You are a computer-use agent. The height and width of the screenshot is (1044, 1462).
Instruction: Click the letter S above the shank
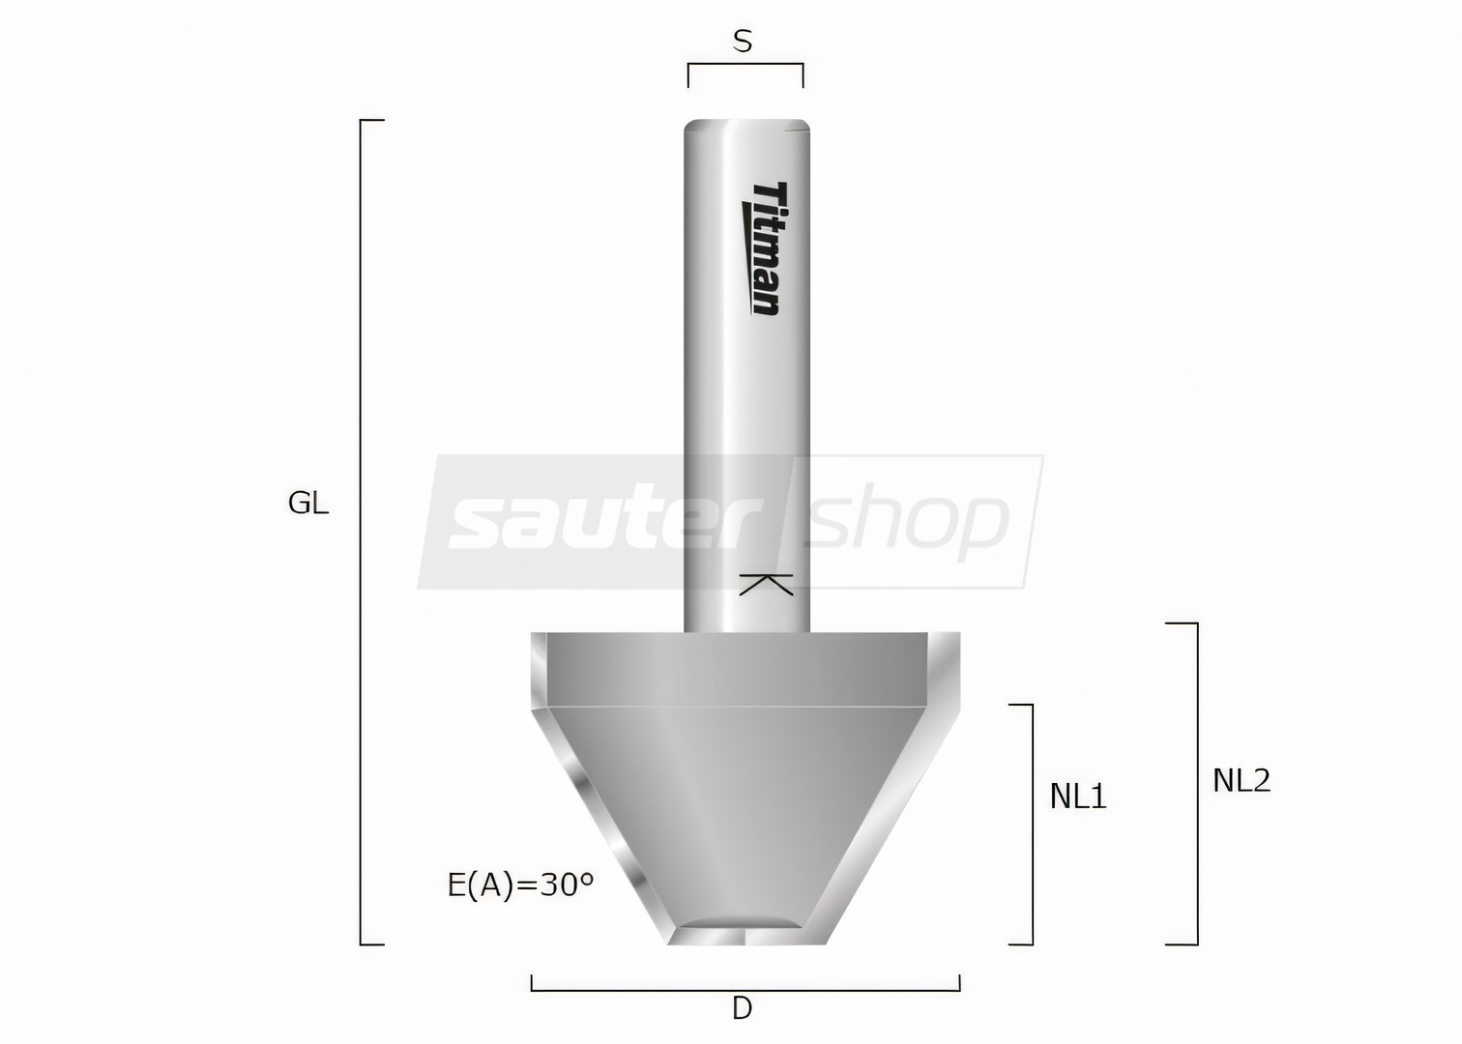point(743,42)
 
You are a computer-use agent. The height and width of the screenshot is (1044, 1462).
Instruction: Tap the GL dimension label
point(308,504)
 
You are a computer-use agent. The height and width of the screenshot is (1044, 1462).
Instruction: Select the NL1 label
point(1078,797)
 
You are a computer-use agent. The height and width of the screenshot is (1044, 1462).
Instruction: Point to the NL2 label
point(1242,780)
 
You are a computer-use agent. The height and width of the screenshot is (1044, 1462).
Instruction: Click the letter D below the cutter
point(742,1009)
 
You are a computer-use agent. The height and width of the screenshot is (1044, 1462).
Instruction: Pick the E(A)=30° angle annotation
point(521,886)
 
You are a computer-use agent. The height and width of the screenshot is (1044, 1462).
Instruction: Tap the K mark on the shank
point(766,585)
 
